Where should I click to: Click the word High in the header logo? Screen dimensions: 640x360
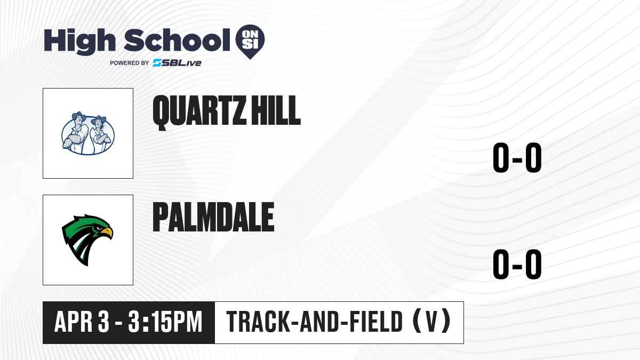[x=79, y=42]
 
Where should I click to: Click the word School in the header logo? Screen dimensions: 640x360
[x=177, y=41]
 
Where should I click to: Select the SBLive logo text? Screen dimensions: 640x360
[x=177, y=63]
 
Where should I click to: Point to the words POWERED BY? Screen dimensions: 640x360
[x=130, y=63]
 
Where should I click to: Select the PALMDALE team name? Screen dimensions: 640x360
[x=213, y=217]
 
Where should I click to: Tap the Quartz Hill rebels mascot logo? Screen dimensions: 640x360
[x=88, y=133]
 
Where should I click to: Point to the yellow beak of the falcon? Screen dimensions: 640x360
[x=107, y=233]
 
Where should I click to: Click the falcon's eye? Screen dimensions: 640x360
[x=99, y=228]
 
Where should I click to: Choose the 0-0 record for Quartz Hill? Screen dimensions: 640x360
[x=517, y=157]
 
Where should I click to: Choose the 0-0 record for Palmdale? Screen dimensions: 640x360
[x=517, y=264]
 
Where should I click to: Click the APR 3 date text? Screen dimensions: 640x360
[x=82, y=322]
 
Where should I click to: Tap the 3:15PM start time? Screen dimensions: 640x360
[x=165, y=322]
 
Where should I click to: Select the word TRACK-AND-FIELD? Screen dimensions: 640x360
[x=314, y=322]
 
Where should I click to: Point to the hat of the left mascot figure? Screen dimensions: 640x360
[x=79, y=116]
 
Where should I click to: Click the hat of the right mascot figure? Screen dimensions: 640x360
[x=99, y=119]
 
